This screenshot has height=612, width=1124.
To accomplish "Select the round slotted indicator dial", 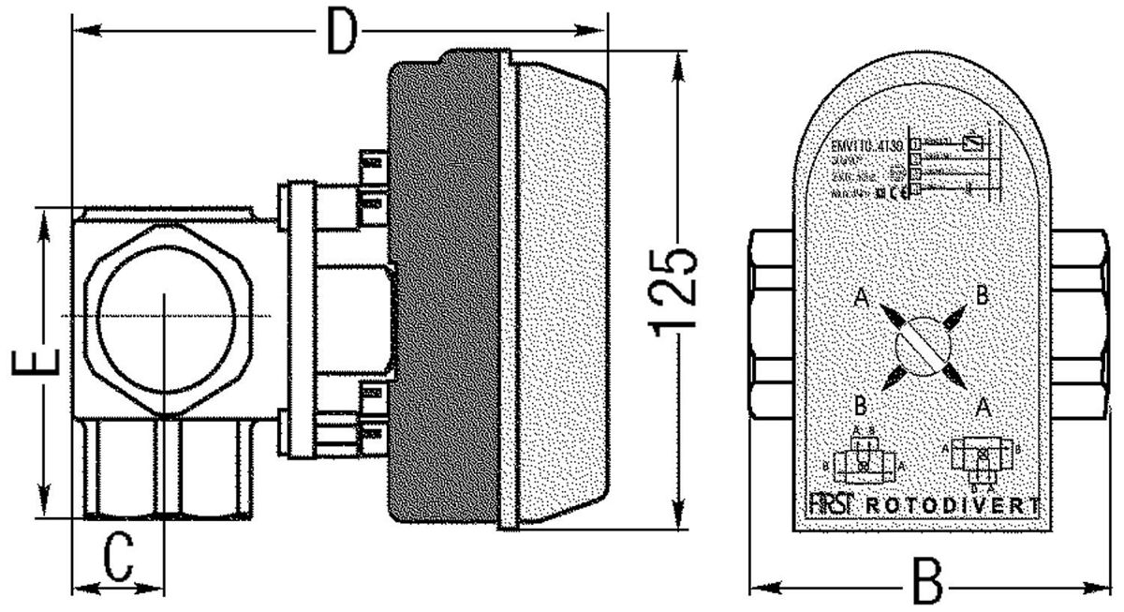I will click(923, 346).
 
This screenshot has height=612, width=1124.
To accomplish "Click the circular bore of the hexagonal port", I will click(163, 315).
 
